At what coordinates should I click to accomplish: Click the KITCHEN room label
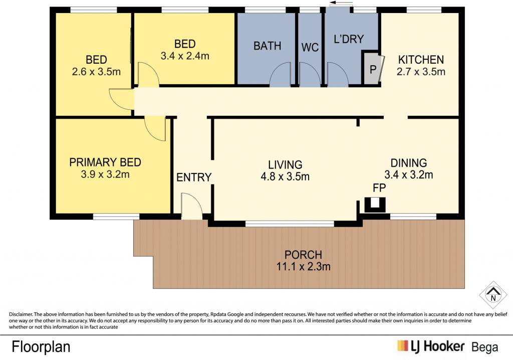421,60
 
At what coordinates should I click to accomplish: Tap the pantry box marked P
373,69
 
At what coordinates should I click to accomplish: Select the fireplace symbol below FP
375,205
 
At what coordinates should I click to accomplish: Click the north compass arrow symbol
493,294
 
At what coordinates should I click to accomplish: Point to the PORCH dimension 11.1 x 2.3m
303,266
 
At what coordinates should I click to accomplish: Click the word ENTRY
194,177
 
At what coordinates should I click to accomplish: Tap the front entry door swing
192,206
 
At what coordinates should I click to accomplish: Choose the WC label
310,47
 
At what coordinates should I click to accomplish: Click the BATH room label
268,46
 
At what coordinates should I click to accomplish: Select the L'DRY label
349,39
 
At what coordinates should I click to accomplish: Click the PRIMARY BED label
105,162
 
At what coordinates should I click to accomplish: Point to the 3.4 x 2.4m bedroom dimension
185,56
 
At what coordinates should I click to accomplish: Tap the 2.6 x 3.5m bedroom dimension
96,71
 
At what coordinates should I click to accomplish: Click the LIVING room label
285,164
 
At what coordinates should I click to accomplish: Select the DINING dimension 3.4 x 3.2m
409,174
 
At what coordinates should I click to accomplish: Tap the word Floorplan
41,346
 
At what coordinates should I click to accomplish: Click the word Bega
485,347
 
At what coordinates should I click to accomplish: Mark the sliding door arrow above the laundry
341,3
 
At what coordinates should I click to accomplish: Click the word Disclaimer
21,314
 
